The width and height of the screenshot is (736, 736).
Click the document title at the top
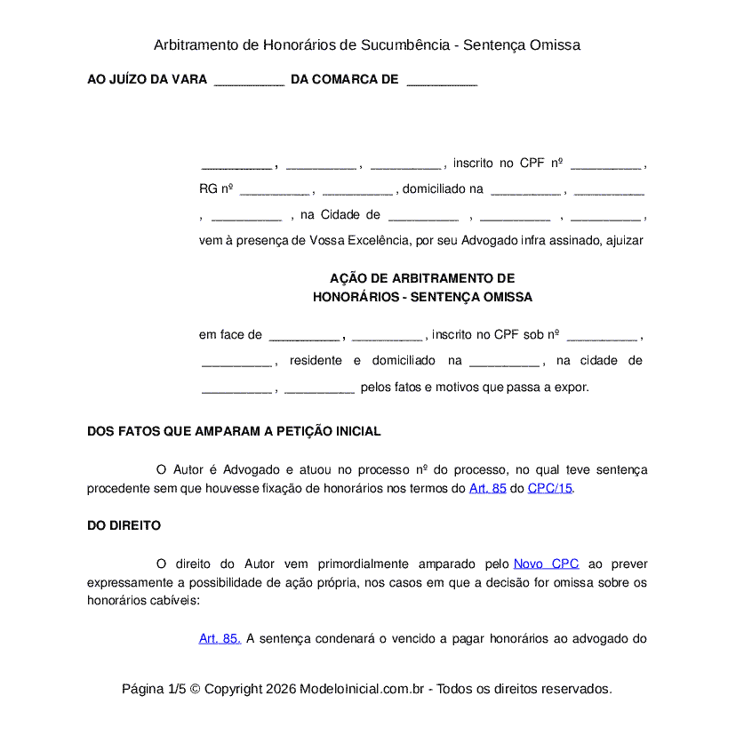[367, 44]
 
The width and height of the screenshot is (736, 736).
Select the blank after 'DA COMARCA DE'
[442, 80]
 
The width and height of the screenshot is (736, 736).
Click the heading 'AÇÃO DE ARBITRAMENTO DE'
[422, 278]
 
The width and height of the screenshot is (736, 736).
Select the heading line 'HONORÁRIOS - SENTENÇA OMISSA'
[422, 297]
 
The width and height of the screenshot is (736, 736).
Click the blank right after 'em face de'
[304, 336]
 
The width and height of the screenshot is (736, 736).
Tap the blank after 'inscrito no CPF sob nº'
[602, 336]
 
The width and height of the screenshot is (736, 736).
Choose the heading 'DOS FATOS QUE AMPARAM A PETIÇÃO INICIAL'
[234, 431]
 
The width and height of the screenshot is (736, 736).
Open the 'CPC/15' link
[550, 488]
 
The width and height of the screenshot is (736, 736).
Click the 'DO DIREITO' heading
[124, 525]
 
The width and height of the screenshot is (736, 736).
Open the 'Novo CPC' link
[547, 564]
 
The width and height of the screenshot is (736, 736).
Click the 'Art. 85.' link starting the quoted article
[220, 638]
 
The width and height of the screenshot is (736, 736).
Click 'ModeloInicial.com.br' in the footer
[364, 689]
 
